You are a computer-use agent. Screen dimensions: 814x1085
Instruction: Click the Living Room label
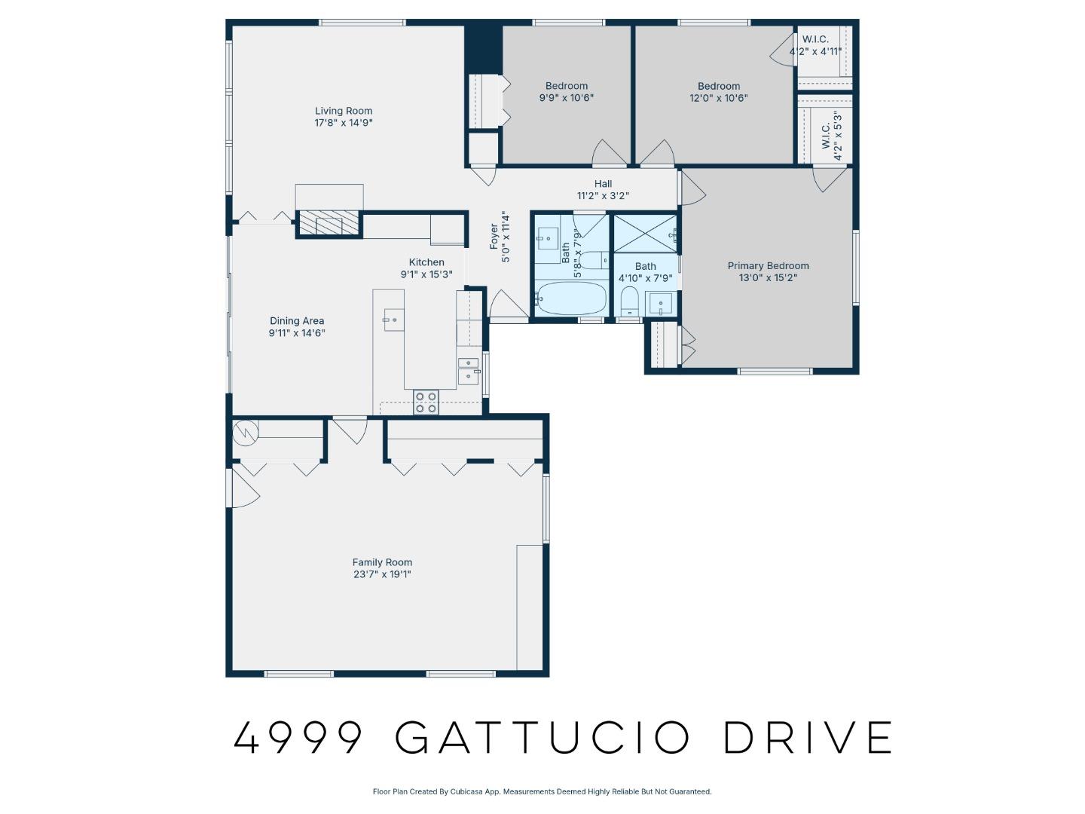(x=344, y=111)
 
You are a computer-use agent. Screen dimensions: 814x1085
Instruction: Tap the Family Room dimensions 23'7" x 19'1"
(x=382, y=574)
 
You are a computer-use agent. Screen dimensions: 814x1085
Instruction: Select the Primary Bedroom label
(x=768, y=265)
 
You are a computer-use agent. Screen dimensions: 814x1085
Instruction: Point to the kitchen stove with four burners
(x=426, y=402)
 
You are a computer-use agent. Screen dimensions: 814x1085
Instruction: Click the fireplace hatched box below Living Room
(x=320, y=224)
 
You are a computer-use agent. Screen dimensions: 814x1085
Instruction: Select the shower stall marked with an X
(x=644, y=234)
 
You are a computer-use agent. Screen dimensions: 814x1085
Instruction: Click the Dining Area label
(x=297, y=320)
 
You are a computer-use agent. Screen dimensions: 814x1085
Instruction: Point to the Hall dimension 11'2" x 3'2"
(x=603, y=196)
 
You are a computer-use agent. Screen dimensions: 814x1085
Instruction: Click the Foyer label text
(x=494, y=237)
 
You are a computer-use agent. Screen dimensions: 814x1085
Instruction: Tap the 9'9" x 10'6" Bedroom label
(x=567, y=86)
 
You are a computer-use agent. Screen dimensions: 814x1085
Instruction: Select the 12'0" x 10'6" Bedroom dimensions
(x=719, y=98)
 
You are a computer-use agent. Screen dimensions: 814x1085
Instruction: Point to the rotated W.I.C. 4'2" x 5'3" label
(x=831, y=136)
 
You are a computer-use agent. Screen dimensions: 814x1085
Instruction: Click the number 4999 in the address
(x=298, y=737)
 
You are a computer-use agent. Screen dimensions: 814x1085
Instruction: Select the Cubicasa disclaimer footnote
(x=542, y=791)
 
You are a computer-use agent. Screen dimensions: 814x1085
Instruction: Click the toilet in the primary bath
(x=629, y=303)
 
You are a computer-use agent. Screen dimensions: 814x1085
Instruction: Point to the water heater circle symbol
(x=245, y=432)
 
